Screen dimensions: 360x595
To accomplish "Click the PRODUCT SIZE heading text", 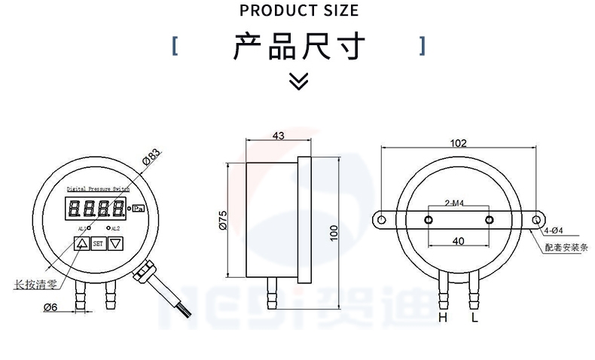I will pos(299,11).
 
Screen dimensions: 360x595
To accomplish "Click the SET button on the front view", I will pos(98,243).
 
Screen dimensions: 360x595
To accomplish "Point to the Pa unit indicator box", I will pos(138,209).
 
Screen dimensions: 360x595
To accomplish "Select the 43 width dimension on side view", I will pos(277,136).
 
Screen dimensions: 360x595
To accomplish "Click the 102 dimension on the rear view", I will pos(458,143).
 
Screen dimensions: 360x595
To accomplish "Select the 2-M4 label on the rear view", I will pos(454,203).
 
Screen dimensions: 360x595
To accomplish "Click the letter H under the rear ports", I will pos(443,318).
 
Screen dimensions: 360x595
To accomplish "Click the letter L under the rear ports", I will pos(474,318).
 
